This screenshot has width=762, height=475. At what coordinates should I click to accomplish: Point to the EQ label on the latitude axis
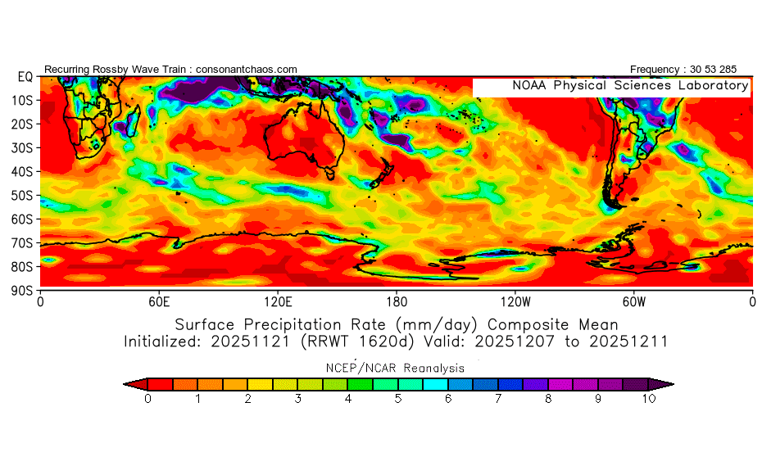click(24, 76)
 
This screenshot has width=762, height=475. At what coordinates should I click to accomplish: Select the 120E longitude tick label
click(278, 301)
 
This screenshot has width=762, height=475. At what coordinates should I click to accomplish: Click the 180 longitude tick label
click(397, 301)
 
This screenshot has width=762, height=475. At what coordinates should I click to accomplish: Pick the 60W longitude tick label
click(633, 301)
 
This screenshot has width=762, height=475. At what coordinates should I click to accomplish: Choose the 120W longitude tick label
click(515, 301)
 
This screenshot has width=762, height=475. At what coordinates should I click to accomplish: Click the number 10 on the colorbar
click(649, 399)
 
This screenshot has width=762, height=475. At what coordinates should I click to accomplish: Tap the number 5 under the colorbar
click(398, 399)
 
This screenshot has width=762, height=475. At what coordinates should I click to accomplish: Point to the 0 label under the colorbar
click(147, 399)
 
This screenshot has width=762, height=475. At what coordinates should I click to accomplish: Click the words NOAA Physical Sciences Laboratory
click(630, 86)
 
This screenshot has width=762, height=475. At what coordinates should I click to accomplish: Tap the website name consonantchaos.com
click(247, 69)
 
